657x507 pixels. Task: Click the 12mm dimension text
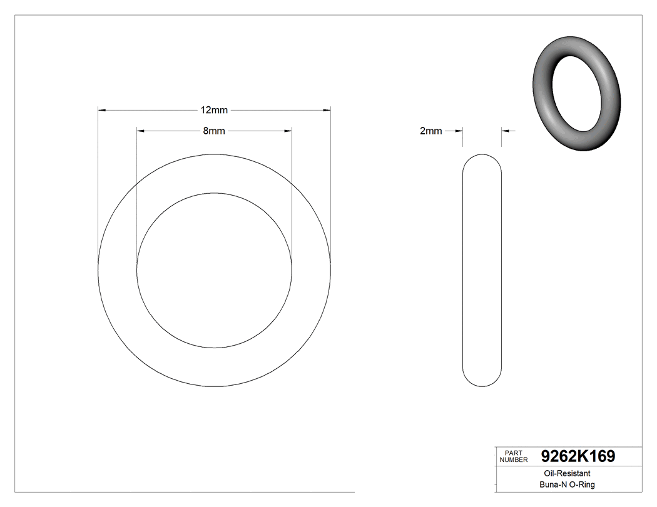[x=214, y=111]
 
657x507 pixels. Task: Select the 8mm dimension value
[x=214, y=131]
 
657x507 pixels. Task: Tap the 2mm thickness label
[x=430, y=131]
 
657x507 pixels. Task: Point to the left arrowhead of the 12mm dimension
[x=102, y=111]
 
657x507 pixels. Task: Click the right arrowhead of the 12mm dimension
[x=327, y=111]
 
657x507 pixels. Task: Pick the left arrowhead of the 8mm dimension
[x=141, y=131]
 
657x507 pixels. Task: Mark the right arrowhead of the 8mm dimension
[x=288, y=131]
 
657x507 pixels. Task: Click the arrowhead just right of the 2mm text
[x=459, y=131]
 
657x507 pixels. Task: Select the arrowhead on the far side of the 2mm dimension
[x=506, y=131]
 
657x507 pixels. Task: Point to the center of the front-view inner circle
[x=215, y=270]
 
